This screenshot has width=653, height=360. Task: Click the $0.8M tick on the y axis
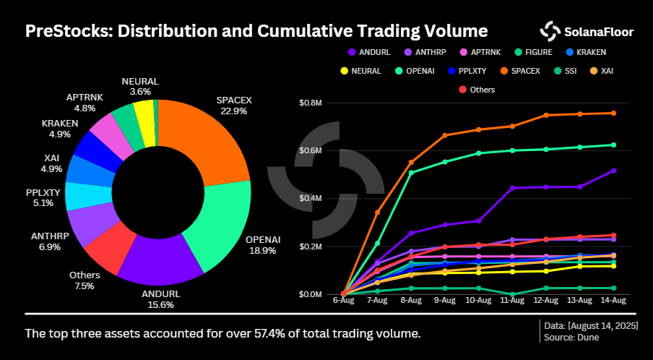tap(311, 103)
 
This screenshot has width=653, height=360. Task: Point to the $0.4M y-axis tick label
tap(311, 199)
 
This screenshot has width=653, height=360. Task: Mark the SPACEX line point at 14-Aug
tap(613, 113)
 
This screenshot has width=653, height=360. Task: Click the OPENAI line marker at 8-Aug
tap(410, 173)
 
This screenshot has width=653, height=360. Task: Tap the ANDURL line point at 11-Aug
tap(512, 188)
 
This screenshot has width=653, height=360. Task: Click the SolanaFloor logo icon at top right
tap(550, 31)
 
